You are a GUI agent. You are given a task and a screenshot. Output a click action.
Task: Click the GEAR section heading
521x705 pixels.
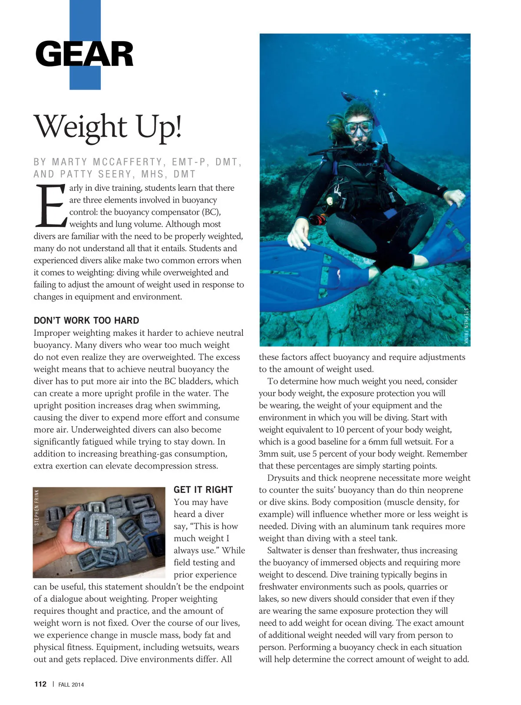tap(84, 54)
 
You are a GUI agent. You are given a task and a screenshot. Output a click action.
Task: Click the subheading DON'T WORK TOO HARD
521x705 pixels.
tap(86, 321)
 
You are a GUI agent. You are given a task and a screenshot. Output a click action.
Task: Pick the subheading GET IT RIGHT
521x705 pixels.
tap(203, 490)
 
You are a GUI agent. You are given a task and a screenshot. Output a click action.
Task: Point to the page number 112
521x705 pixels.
tap(40, 684)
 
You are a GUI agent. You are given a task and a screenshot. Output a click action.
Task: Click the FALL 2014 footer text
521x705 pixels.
tap(71, 685)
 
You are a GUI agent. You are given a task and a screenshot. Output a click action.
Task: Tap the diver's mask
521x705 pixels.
tap(359, 127)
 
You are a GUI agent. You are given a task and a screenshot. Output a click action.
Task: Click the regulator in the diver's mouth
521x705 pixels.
tap(360, 146)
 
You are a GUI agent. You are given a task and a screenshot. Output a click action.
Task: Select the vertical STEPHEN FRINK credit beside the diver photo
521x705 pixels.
tap(466, 326)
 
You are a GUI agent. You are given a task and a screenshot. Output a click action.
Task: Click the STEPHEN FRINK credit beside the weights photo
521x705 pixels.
tap(37, 507)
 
